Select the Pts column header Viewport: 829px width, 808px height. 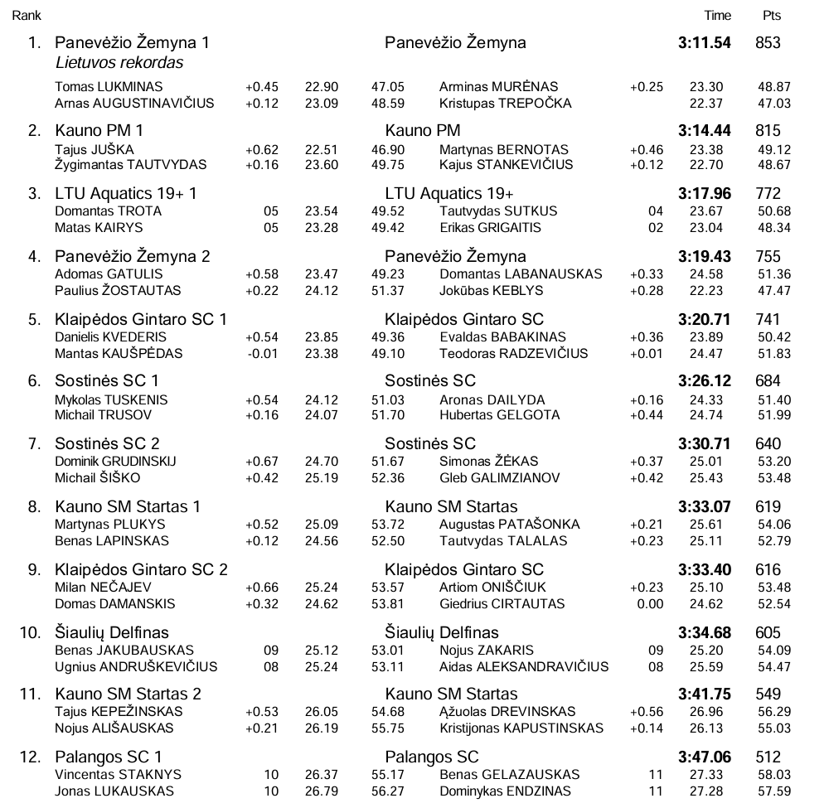[771, 16]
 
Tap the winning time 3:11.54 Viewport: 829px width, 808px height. [704, 43]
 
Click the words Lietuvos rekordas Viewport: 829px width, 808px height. [119, 63]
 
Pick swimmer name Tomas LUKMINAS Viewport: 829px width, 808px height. [109, 87]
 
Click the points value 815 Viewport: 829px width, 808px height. [768, 131]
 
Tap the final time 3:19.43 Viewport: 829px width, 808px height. [704, 257]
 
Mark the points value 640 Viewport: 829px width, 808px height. [768, 444]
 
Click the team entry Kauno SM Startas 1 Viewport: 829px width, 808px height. [128, 507]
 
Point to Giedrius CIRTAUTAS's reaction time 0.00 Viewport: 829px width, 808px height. [650, 604]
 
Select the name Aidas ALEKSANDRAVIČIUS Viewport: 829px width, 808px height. [524, 667]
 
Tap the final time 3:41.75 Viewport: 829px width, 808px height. [704, 694]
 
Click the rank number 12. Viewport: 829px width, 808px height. [29, 757]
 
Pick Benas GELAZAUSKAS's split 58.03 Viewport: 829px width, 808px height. [774, 775]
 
